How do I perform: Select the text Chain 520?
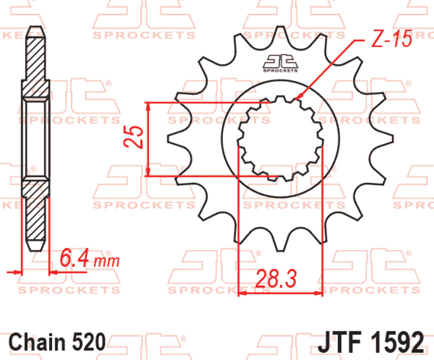point(57,343)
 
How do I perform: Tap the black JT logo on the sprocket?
point(280,63)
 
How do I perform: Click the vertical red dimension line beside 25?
point(148,138)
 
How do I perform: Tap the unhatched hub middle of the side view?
point(36,138)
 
